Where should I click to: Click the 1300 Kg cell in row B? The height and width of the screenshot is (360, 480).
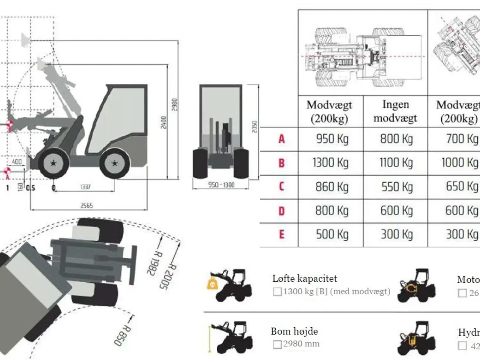(330, 163)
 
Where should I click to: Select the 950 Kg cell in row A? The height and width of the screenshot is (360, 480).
(332, 139)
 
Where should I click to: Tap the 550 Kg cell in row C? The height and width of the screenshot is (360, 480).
(397, 186)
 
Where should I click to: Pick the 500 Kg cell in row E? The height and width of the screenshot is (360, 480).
(332, 234)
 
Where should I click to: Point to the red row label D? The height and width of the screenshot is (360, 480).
(282, 211)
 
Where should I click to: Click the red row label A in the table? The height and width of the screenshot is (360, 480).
(282, 139)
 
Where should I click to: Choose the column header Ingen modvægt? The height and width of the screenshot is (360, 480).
(395, 111)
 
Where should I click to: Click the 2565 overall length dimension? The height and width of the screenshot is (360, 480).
(87, 205)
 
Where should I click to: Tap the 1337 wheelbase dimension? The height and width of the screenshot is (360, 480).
(85, 187)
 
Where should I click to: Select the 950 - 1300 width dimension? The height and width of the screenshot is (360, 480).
(221, 184)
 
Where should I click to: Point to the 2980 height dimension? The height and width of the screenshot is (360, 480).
(174, 105)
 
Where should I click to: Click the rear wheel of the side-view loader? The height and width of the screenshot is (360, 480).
(114, 163)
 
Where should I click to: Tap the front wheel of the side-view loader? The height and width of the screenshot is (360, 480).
(53, 163)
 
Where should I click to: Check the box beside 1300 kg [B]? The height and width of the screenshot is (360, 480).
(277, 292)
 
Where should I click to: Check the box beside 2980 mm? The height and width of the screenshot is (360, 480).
(277, 344)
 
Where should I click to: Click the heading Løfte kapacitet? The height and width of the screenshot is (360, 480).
(304, 279)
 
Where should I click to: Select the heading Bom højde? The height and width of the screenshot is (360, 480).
(294, 331)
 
